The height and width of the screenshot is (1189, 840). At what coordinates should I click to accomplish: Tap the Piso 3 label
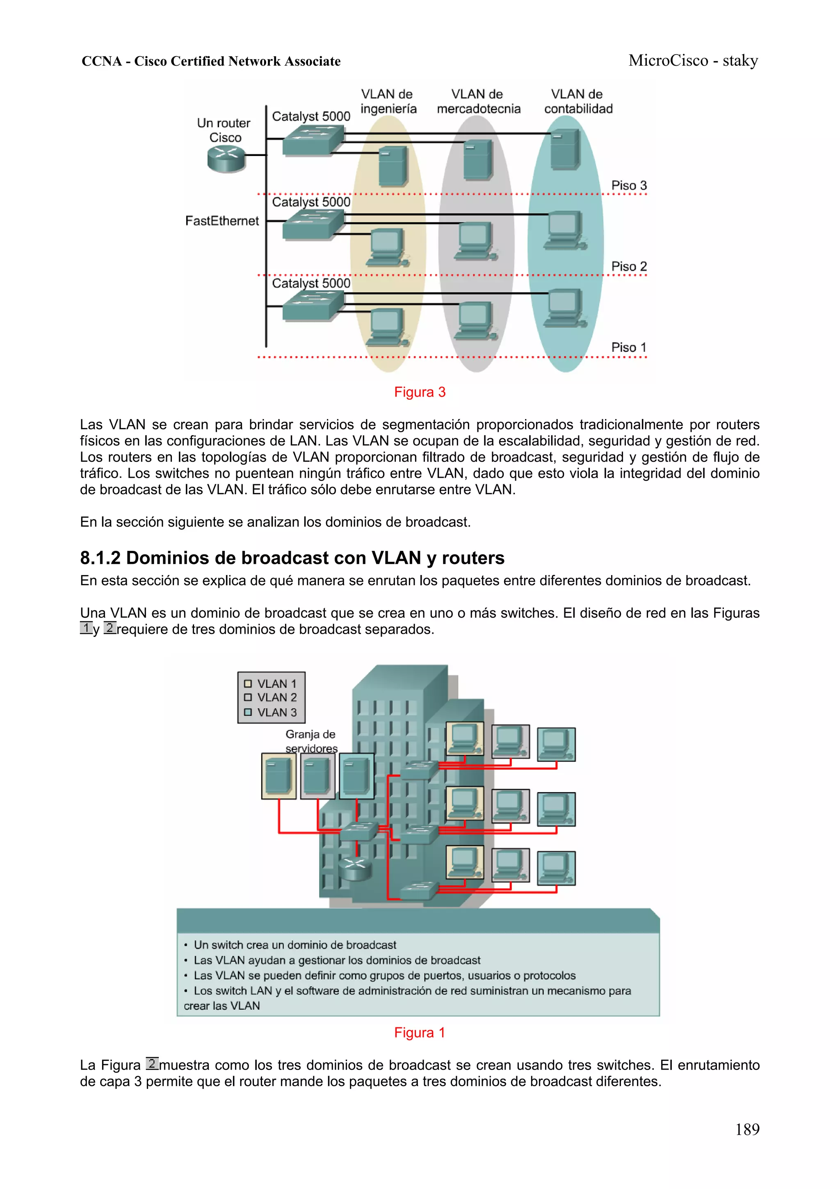(x=628, y=186)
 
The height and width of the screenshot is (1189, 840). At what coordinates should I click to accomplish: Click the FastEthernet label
(x=221, y=221)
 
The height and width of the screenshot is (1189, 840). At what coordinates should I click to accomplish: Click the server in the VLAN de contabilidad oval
(x=565, y=149)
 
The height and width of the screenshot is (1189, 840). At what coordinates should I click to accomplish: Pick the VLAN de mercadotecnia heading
(x=478, y=101)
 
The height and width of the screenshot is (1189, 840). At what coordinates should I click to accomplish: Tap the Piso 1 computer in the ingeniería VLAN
(x=386, y=326)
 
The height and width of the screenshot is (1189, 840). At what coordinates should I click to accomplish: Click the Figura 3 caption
(x=419, y=392)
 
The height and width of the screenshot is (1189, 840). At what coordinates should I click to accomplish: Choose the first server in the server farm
(x=278, y=775)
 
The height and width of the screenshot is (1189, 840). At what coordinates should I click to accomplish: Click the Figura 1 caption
(x=419, y=1033)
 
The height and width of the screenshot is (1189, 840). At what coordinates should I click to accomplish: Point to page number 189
(x=747, y=1129)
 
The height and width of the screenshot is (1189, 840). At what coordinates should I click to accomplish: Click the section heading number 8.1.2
(x=100, y=558)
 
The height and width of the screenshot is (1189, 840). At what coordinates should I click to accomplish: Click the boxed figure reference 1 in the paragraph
(x=86, y=629)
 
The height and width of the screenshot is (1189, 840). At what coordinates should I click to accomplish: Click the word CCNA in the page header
(x=101, y=61)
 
